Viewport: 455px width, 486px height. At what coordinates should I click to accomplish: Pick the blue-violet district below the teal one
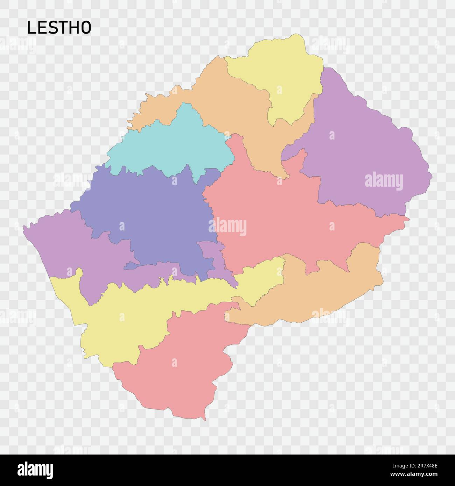click(x=150, y=210)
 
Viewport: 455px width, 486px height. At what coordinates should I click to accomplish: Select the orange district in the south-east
click(x=315, y=294)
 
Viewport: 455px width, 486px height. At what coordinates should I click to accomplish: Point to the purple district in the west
click(x=70, y=252)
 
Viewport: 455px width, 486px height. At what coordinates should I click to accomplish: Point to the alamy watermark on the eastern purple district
click(x=384, y=182)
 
